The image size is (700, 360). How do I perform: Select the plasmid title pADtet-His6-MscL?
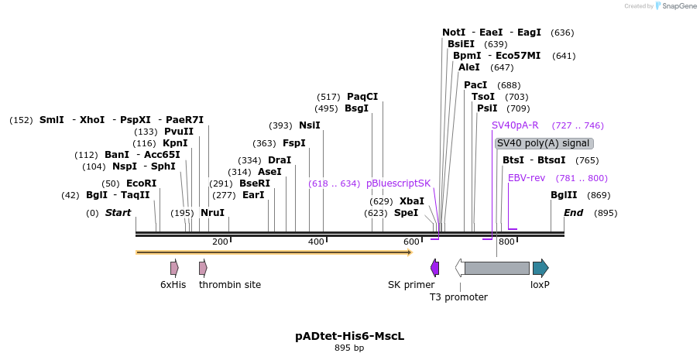(349, 336)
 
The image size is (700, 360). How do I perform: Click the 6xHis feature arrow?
(174, 268)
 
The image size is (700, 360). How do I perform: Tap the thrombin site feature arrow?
(203, 268)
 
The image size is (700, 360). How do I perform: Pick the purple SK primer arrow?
(435, 268)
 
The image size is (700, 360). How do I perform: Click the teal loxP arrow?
(540, 268)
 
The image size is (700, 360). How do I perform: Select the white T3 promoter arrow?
(460, 268)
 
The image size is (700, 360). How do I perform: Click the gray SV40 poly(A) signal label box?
(544, 143)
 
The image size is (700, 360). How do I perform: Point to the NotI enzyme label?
(454, 33)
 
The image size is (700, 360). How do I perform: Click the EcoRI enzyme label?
(141, 183)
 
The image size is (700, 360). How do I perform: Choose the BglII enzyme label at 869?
(564, 195)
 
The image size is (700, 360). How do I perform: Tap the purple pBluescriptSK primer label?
(398, 183)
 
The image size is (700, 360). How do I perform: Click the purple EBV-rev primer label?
(527, 178)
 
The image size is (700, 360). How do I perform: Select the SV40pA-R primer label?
(515, 125)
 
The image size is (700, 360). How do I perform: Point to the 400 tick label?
(316, 242)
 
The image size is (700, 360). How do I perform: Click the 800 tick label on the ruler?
(506, 242)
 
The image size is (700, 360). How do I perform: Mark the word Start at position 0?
(118, 213)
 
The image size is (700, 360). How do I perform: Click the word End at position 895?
(573, 213)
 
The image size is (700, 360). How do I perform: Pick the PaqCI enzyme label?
(362, 97)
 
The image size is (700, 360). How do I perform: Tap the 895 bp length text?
(349, 348)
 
